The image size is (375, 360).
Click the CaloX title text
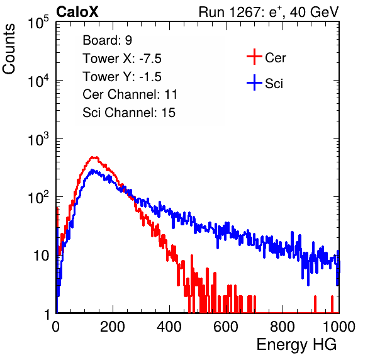pos(77,12)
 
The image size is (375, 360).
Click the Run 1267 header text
pos(269,13)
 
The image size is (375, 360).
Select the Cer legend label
pos(275,58)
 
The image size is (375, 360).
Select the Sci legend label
pos(274,84)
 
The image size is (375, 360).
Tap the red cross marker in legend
pos(254,57)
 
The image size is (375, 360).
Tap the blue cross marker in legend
pos(254,83)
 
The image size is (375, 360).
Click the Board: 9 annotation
pos(107,40)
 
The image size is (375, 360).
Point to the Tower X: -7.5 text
pos(122,59)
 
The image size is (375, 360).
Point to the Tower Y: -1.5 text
pos(122,77)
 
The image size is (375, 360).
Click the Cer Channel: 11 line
pos(130,94)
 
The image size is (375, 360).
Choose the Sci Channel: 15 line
pos(129,113)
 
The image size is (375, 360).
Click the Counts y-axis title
pos(9,49)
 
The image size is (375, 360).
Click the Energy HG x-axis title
pos(296,345)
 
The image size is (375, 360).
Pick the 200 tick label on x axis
pos(113,327)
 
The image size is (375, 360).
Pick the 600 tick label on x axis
pos(226,327)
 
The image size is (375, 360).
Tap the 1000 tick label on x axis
pos(339,327)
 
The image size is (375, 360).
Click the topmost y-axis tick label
pos(38,22)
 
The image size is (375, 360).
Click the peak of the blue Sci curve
pos(92,170)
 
